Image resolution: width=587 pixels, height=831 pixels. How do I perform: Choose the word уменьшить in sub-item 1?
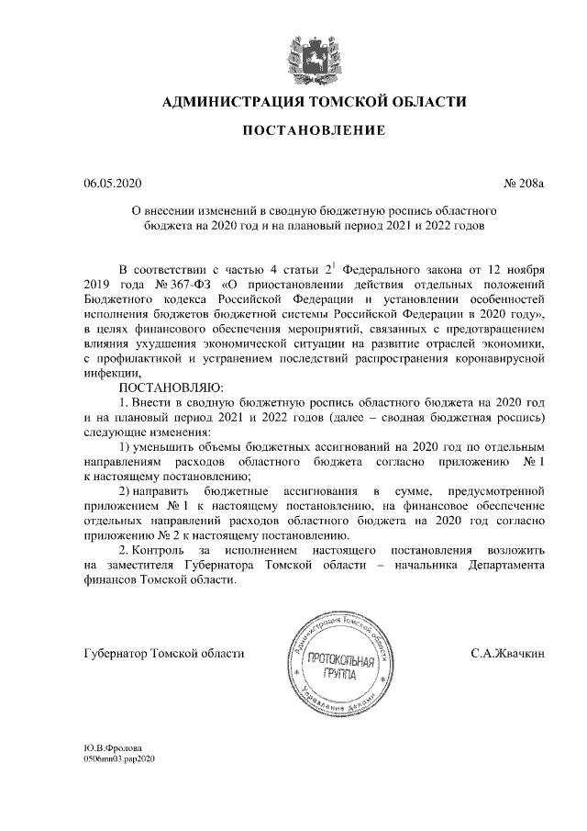click(x=175, y=447)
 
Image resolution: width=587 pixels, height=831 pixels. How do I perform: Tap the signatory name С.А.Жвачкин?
click(x=508, y=654)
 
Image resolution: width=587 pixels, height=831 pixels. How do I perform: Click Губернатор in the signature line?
click(x=118, y=654)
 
